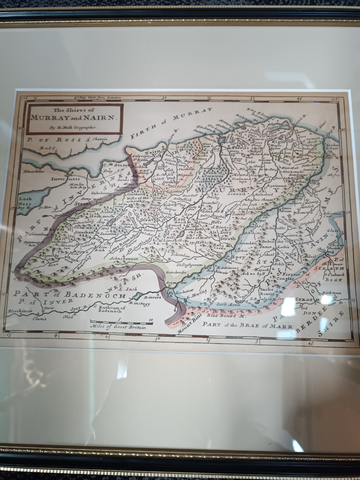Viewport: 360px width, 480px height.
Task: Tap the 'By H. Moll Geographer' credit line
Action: tap(74, 128)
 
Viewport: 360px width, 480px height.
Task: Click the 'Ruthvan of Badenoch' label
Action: tap(112, 309)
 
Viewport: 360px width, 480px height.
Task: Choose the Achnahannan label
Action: tap(124, 259)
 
